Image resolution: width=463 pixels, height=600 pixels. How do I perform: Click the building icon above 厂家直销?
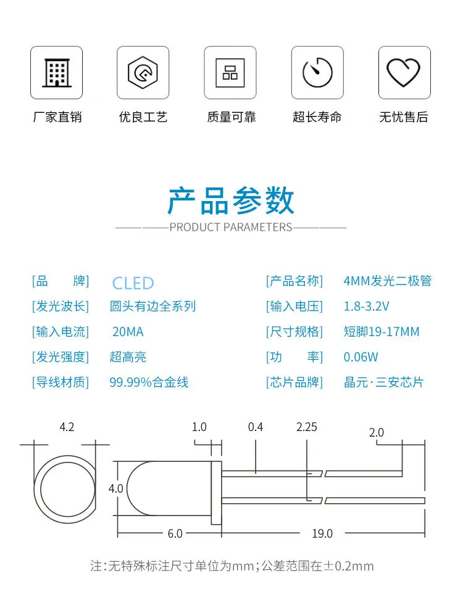[x=56, y=73]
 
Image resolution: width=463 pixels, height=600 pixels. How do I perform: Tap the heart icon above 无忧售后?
[x=404, y=73]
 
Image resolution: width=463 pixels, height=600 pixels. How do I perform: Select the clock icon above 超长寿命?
[x=317, y=73]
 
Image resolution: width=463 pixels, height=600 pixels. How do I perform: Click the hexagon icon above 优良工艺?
[x=143, y=73]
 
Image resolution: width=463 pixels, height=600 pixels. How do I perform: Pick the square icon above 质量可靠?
[x=230, y=73]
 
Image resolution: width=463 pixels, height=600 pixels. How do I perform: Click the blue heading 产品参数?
[x=231, y=200]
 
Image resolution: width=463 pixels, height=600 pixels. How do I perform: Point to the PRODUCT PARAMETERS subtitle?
[x=231, y=227]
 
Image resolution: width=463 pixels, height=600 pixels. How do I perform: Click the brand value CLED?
[x=133, y=283]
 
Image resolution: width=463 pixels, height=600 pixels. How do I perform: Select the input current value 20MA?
[x=128, y=332]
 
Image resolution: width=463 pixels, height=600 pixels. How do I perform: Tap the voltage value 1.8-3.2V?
[x=366, y=306]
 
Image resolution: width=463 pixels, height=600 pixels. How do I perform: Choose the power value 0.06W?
[x=361, y=357]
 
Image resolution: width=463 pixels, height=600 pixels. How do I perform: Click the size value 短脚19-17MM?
[x=382, y=332]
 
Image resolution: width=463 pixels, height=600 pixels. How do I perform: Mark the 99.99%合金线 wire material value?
[x=149, y=382]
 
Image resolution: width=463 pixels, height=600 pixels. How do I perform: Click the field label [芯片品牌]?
[x=294, y=382]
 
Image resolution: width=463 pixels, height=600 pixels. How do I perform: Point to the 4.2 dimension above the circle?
[x=67, y=427]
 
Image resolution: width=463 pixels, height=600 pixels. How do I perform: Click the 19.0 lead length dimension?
[x=322, y=533]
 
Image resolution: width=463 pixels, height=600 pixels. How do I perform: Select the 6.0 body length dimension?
[x=175, y=533]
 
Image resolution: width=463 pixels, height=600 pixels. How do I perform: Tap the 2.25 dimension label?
[x=307, y=427]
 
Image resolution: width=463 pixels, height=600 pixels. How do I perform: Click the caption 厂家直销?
[x=57, y=117]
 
